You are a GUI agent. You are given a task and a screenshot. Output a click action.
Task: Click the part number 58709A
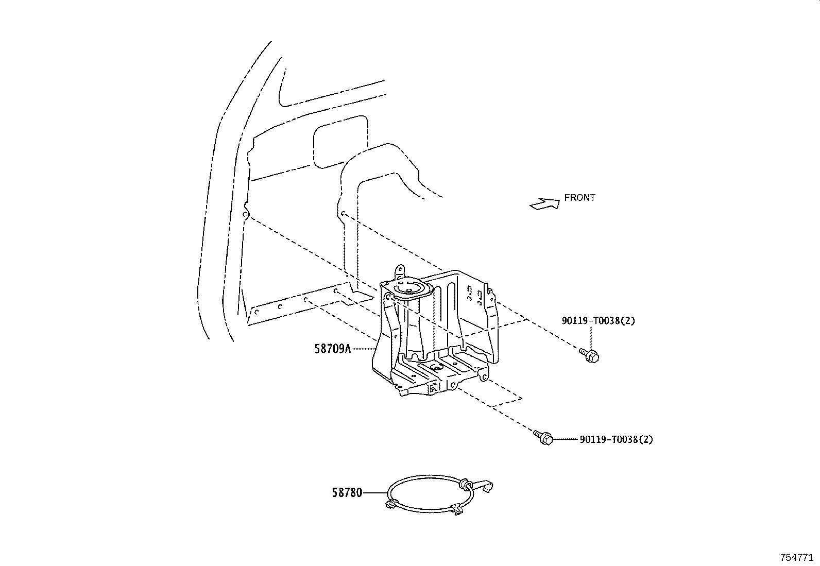click(332, 349)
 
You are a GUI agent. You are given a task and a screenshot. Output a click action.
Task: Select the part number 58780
click(347, 493)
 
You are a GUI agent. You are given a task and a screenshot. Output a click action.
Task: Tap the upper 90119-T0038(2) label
click(598, 321)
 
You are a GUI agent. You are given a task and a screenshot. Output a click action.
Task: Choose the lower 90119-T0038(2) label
click(616, 439)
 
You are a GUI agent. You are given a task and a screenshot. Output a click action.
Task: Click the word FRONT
click(579, 198)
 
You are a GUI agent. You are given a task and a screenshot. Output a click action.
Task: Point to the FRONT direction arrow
click(545, 204)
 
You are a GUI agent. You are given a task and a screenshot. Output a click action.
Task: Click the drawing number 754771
click(797, 557)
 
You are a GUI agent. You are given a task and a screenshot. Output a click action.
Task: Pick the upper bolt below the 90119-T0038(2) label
click(589, 355)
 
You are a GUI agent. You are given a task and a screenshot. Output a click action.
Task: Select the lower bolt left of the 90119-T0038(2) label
click(543, 437)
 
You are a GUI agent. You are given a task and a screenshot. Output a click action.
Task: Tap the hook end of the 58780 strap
click(483, 487)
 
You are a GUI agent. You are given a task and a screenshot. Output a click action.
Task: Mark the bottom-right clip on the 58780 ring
click(457, 509)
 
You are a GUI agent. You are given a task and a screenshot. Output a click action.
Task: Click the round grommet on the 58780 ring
click(465, 484)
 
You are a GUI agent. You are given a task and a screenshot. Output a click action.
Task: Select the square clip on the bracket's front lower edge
click(433, 388)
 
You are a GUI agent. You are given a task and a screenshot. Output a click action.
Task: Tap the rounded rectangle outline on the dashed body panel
click(340, 142)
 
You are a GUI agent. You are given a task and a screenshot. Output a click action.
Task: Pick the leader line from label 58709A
click(363, 349)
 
